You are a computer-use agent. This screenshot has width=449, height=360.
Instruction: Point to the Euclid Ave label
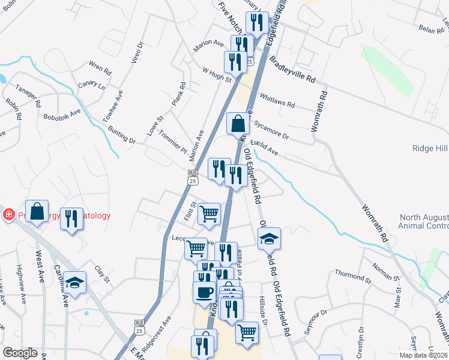[x=264, y=148]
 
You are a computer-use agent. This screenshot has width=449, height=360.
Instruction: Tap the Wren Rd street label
[x=100, y=67]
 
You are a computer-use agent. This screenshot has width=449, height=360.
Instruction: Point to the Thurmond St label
[x=350, y=276]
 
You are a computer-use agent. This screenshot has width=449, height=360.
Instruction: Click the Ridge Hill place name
[x=429, y=148]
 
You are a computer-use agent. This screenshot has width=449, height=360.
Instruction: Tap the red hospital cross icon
[x=8, y=215]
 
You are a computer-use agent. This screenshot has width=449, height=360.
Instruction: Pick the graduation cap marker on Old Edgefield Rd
[x=270, y=238]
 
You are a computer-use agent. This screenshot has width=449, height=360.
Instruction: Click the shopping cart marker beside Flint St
[x=209, y=213]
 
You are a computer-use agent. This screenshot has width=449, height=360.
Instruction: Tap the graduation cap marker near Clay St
[x=75, y=282]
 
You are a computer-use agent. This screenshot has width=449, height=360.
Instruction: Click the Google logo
[x=20, y=353]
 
